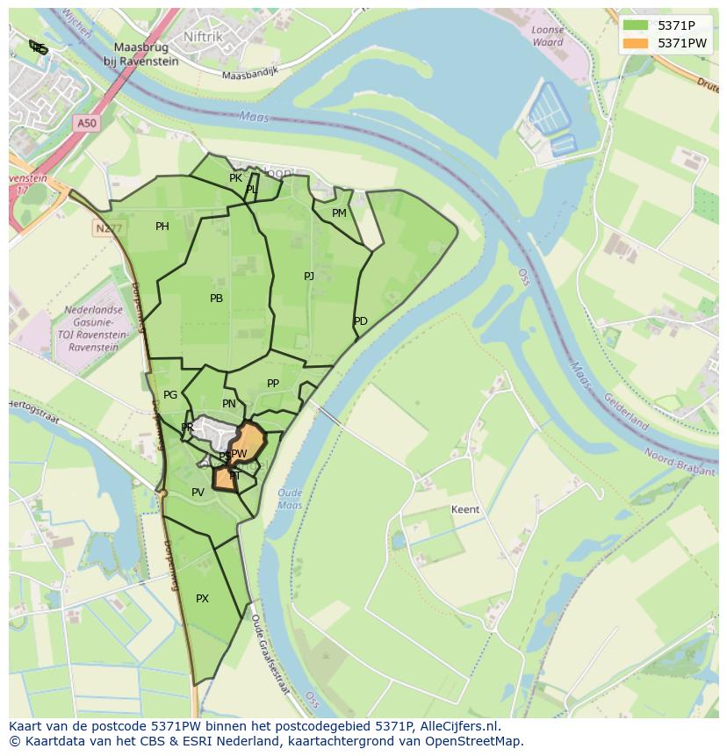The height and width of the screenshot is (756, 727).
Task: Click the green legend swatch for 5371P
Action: pyautogui.click(x=635, y=25)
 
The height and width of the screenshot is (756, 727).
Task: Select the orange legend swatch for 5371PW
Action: pyautogui.click(x=635, y=43)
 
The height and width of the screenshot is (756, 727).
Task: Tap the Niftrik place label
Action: pyautogui.click(x=204, y=36)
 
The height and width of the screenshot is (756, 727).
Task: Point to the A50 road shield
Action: pyautogui.click(x=86, y=124)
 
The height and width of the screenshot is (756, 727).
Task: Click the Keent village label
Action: pyautogui.click(x=465, y=509)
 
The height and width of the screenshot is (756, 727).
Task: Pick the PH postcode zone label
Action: pyautogui.click(x=162, y=227)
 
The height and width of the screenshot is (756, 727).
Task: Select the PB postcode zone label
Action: pyautogui.click(x=216, y=299)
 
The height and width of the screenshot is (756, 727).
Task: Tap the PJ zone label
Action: pyautogui.click(x=309, y=276)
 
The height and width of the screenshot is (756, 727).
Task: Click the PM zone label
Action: pyautogui.click(x=339, y=213)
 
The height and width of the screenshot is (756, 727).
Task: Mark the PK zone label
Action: pyautogui.click(x=235, y=178)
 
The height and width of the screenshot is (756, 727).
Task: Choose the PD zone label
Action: pyautogui.click(x=361, y=321)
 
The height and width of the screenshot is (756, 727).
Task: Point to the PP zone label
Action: pyautogui.click(x=273, y=384)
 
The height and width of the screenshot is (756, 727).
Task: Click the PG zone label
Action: pyautogui.click(x=170, y=395)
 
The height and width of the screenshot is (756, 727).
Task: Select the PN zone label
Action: pyautogui.click(x=229, y=404)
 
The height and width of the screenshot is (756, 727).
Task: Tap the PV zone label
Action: pyautogui.click(x=198, y=493)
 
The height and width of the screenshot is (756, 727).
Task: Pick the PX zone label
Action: pyautogui.click(x=203, y=599)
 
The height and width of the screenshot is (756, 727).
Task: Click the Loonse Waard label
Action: pyautogui.click(x=548, y=36)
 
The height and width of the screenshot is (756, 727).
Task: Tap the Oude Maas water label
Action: pyautogui.click(x=290, y=499)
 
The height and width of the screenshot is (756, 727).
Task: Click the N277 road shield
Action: pyautogui.click(x=105, y=227)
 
